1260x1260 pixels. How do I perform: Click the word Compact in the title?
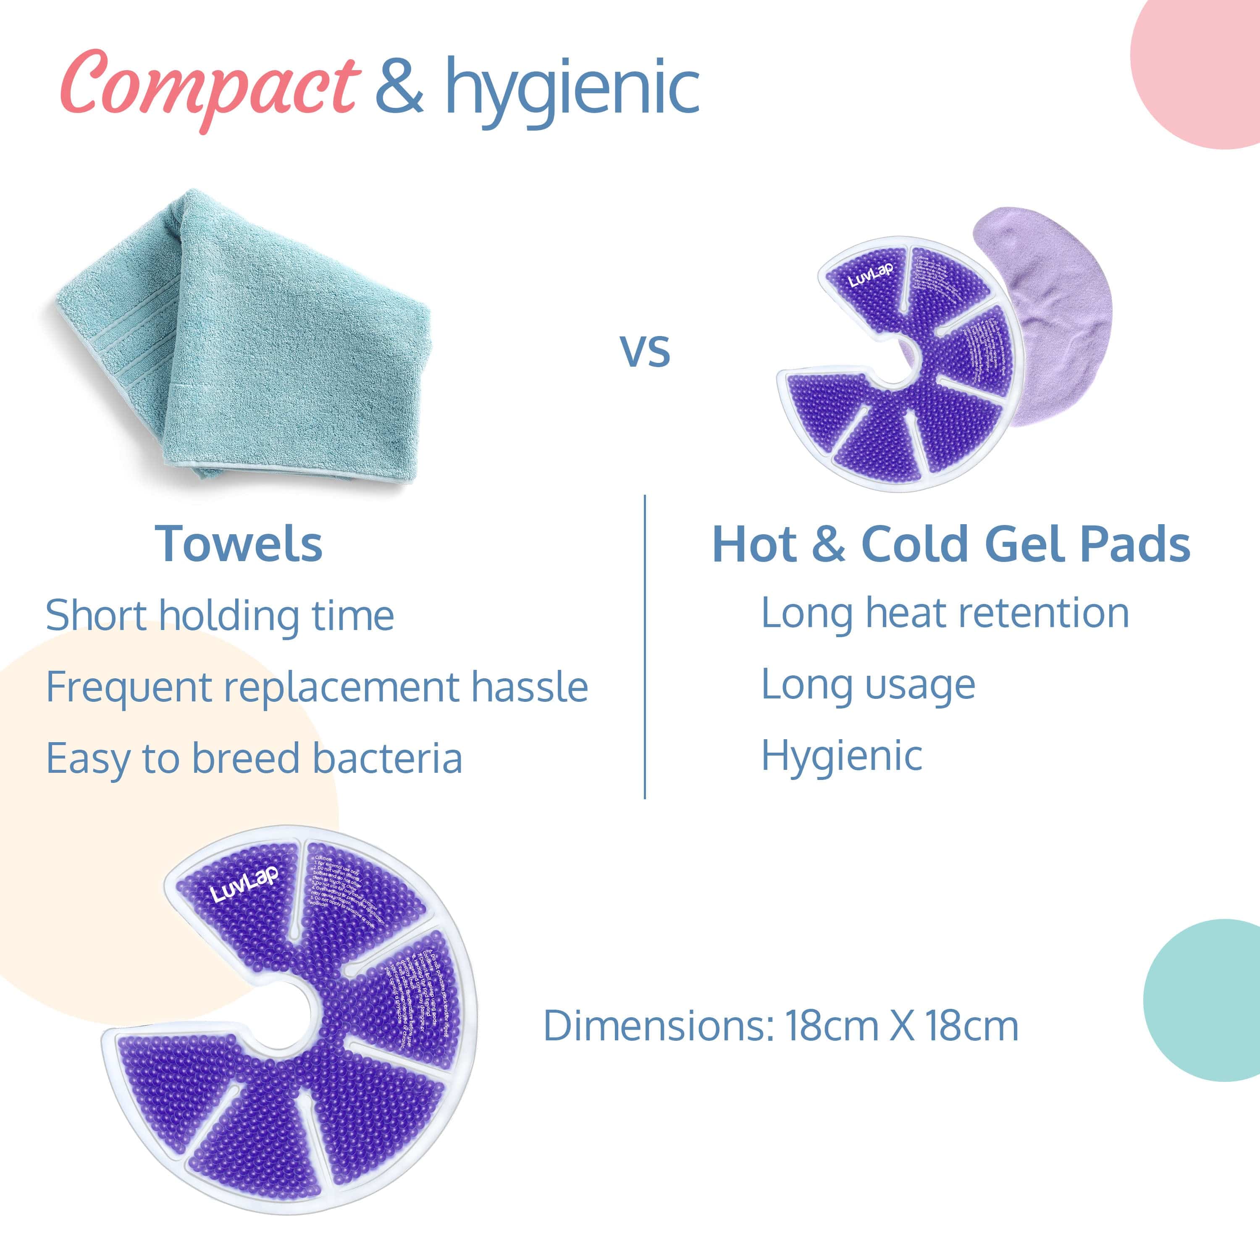click(209, 88)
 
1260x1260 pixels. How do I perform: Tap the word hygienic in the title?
click(572, 91)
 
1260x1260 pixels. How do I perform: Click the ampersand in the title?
click(399, 85)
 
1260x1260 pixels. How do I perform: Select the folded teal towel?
click(248, 339)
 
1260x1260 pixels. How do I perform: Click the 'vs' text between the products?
click(644, 351)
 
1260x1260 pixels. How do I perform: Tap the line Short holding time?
click(220, 616)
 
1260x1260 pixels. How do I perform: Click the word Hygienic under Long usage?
click(841, 756)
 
